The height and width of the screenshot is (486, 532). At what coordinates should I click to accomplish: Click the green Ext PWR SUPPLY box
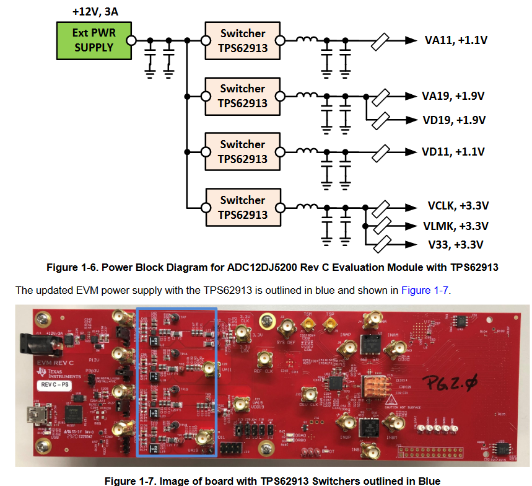click(94, 40)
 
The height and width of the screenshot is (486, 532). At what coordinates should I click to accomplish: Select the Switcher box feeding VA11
click(242, 40)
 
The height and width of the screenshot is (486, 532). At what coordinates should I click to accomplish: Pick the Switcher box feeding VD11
click(242, 151)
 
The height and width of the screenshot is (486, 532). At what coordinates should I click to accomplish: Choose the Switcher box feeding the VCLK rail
click(242, 207)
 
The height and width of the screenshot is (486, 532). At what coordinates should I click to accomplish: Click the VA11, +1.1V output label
click(456, 40)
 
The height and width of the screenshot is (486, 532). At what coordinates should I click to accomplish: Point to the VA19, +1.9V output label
click(453, 96)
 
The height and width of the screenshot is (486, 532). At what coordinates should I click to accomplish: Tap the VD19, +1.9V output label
click(453, 120)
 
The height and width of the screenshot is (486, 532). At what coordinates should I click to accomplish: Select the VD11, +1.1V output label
click(453, 152)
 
